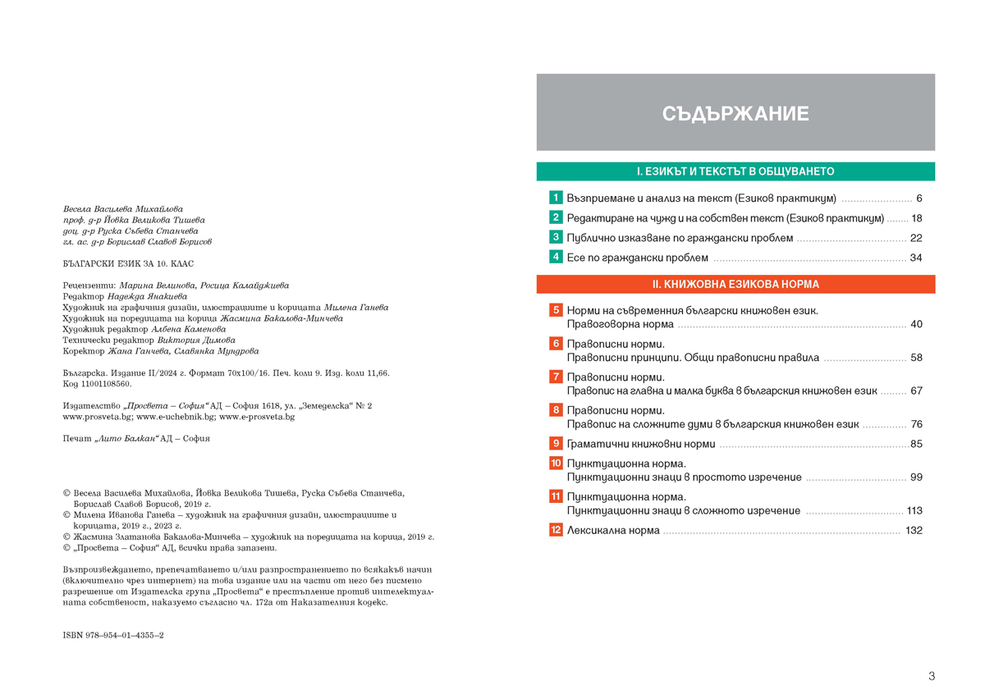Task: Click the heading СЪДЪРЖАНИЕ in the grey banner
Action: click(x=735, y=113)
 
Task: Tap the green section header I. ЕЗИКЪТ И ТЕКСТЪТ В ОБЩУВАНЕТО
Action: click(x=735, y=171)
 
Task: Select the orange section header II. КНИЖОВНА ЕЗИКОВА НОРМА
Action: click(x=735, y=284)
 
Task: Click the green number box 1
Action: click(x=556, y=198)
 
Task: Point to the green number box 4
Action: click(x=556, y=258)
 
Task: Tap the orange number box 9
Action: click(x=556, y=444)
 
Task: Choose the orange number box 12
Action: click(x=556, y=530)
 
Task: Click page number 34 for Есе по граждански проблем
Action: click(x=917, y=258)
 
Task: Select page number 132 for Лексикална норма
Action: click(x=914, y=531)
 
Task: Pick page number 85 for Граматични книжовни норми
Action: click(x=917, y=445)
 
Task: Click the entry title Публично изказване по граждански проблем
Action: click(x=680, y=238)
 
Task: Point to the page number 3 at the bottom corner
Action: click(x=932, y=676)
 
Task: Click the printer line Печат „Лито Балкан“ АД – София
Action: click(x=136, y=439)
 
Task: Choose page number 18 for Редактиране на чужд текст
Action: click(x=917, y=218)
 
